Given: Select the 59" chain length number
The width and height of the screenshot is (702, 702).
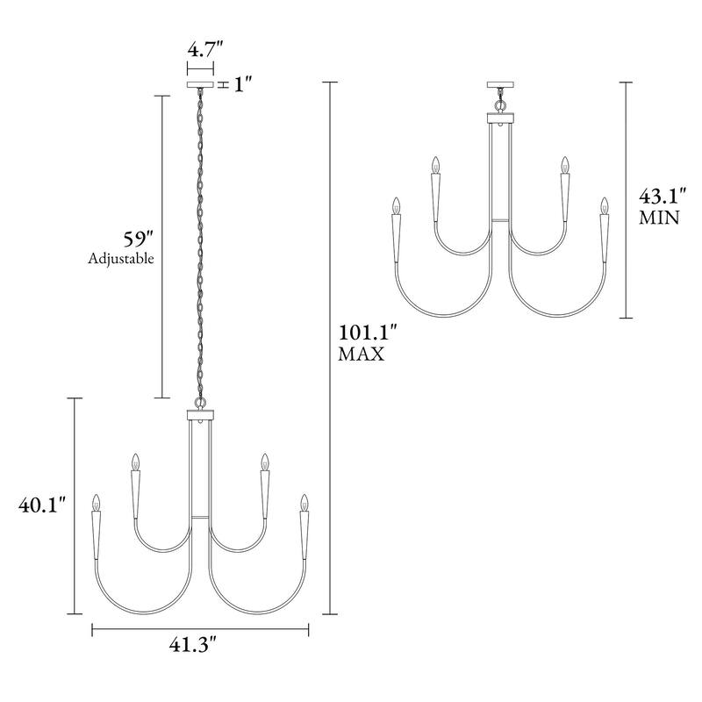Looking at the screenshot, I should (x=138, y=238).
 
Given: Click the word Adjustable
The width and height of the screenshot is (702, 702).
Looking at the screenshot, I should (x=121, y=259).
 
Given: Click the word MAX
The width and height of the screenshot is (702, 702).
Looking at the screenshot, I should (x=360, y=355).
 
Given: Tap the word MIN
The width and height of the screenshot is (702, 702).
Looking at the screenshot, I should (x=658, y=218).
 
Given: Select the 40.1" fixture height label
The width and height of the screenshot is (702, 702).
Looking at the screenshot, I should (x=42, y=506).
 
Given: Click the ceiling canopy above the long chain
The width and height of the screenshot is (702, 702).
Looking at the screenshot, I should (x=200, y=85).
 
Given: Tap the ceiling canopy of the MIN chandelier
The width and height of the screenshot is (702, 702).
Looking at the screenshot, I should (x=499, y=85).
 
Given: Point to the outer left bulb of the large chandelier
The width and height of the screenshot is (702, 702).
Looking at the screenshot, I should (x=96, y=504).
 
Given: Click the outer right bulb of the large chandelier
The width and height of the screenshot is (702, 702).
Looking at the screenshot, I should (x=304, y=504).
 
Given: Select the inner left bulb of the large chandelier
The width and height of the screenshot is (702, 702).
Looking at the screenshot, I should (x=135, y=462).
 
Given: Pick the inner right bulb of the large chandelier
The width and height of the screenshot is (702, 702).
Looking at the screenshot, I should (x=264, y=462).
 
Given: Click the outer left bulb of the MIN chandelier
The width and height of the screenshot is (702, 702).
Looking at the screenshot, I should (x=396, y=206).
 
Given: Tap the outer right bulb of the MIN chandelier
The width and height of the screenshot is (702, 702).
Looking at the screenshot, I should (x=604, y=206).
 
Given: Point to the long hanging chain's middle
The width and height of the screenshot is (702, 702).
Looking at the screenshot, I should (x=200, y=241).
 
